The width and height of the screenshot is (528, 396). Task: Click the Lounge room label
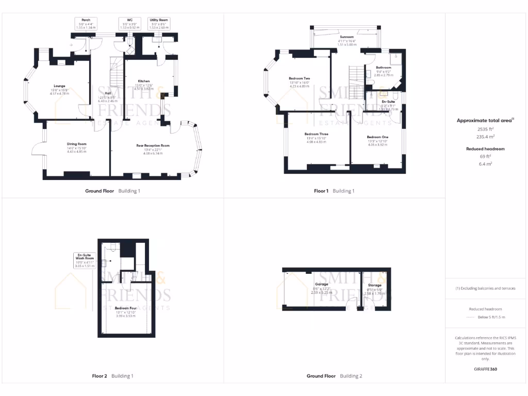click(x=59, y=86)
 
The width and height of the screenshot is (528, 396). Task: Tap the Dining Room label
click(x=76, y=144)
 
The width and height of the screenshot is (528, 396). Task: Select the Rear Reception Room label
click(x=153, y=146)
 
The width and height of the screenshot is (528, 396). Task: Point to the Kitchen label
click(x=143, y=81)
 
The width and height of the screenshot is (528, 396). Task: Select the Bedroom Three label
click(x=317, y=134)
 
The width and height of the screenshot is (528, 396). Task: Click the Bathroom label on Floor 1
click(x=383, y=68)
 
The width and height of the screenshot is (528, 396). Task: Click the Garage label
click(x=322, y=285)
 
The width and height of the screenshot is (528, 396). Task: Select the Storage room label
click(x=375, y=285)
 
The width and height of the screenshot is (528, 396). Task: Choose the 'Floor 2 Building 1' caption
click(x=112, y=376)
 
